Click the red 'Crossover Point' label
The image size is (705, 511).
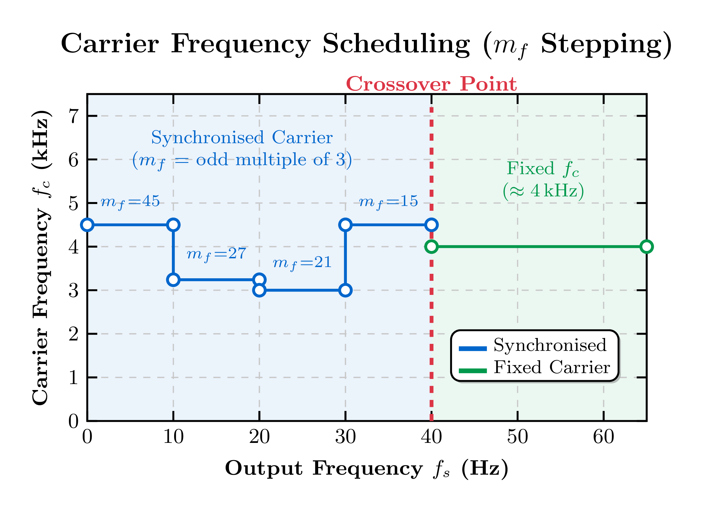click(x=431, y=84)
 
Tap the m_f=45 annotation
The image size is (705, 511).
click(x=130, y=202)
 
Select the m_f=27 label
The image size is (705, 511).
click(x=216, y=254)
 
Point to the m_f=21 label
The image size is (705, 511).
click(x=302, y=263)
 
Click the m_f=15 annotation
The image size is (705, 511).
click(x=388, y=202)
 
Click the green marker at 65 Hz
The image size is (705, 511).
click(x=646, y=247)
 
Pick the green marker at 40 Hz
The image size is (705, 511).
click(x=432, y=247)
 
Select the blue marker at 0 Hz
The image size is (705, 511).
click(x=87, y=225)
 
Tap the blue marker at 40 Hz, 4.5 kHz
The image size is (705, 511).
click(x=432, y=225)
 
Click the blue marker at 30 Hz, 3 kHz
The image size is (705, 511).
click(x=345, y=290)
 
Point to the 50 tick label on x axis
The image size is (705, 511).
click(x=517, y=437)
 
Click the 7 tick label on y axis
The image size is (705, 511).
click(x=74, y=116)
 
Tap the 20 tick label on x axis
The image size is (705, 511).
click(x=259, y=437)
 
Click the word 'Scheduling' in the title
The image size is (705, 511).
click(x=396, y=44)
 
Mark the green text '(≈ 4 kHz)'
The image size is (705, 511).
click(x=543, y=191)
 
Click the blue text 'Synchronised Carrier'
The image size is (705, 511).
click(x=242, y=138)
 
